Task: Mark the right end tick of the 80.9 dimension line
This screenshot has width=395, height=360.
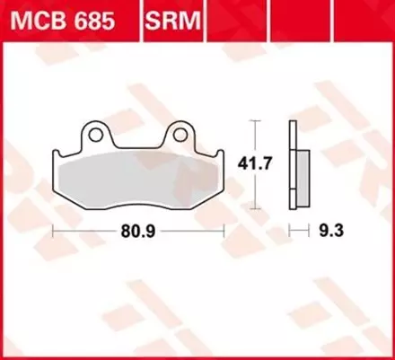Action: tap(223, 230)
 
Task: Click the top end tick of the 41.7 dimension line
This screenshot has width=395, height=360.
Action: tap(258, 120)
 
